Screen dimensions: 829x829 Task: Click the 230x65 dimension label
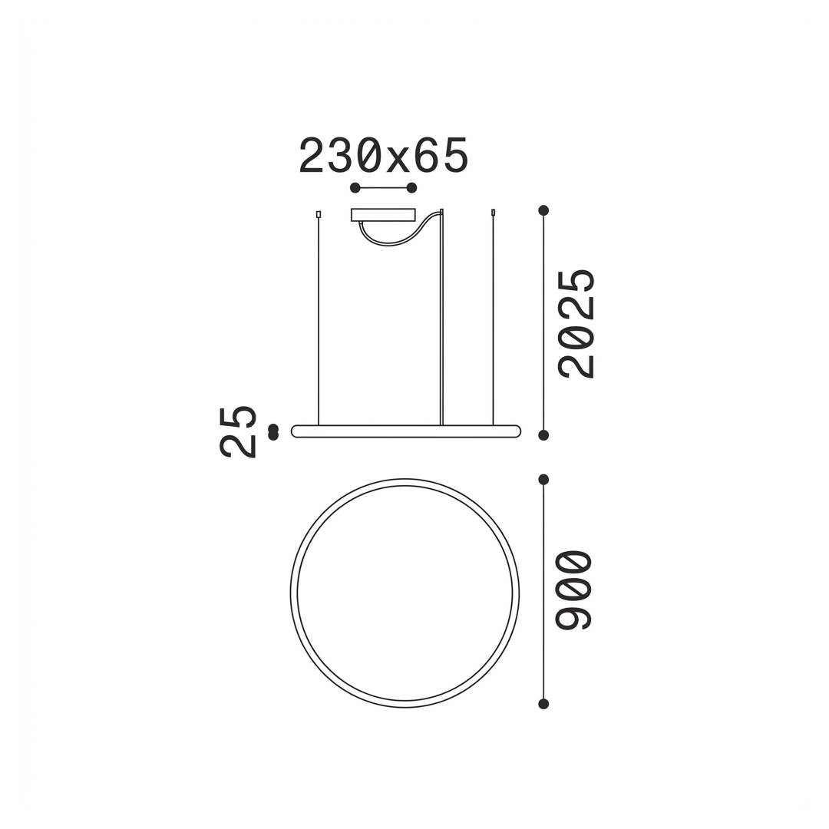tap(384, 155)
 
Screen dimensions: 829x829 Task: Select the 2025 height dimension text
tap(577, 324)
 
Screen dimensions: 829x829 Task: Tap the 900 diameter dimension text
tap(573, 590)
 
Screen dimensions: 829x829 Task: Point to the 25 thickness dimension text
tap(238, 431)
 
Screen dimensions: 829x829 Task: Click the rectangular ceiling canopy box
tap(383, 215)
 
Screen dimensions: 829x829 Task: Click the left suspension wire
tap(319, 321)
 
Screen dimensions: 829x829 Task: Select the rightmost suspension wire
tap(494, 321)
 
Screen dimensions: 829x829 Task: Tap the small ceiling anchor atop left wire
tap(319, 214)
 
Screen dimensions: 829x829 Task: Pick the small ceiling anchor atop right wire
tap(494, 213)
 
